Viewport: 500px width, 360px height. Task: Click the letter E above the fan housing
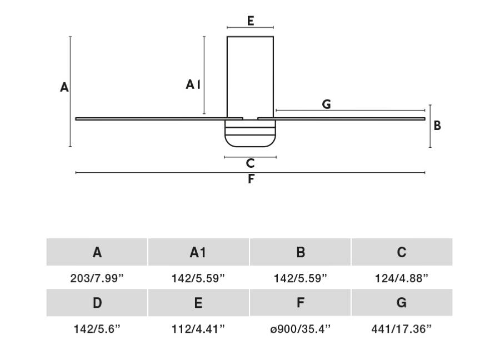tap(251, 21)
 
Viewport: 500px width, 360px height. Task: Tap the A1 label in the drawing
tap(193, 84)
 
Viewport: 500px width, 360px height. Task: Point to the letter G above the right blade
tap(326, 104)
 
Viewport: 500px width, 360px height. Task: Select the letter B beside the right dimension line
tap(437, 126)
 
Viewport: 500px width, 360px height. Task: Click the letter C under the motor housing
tap(251, 163)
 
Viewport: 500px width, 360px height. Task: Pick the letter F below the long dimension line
tap(251, 179)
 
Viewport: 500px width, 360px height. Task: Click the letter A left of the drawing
tap(64, 87)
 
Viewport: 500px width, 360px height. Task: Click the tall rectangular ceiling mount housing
tap(251, 77)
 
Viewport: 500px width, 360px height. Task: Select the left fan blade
tap(159, 119)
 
